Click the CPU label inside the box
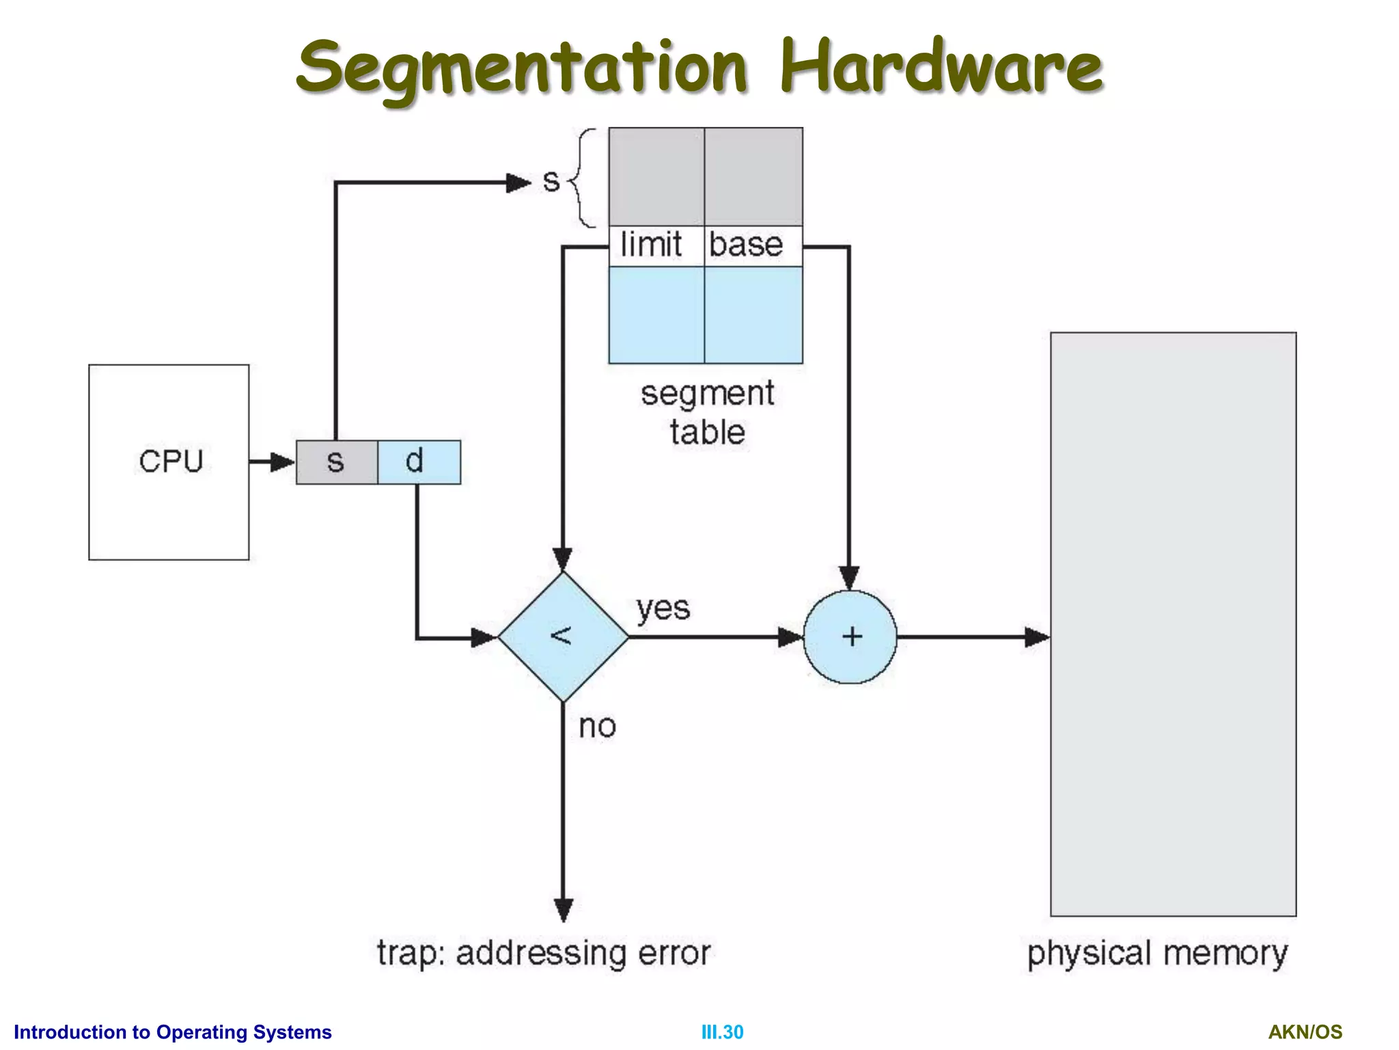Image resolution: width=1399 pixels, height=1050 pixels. [171, 461]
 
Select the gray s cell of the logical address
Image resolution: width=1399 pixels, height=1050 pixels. [336, 462]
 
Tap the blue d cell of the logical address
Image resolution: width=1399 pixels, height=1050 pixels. [419, 462]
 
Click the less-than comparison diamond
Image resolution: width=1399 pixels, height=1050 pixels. [563, 636]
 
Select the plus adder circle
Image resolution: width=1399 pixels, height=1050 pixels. [850, 636]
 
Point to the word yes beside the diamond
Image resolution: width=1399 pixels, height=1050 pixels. [663, 608]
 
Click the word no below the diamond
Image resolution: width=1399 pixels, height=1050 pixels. [597, 726]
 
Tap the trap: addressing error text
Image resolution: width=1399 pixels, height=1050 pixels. [544, 953]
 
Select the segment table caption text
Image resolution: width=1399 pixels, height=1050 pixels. [708, 413]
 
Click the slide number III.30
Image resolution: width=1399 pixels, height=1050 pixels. [722, 1032]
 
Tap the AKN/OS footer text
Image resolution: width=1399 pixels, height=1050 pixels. [1305, 1032]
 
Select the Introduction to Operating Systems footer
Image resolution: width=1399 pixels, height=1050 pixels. [173, 1032]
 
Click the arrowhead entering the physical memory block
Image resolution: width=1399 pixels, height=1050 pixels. [1037, 637]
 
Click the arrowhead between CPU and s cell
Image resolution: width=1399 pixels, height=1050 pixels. [281, 462]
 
